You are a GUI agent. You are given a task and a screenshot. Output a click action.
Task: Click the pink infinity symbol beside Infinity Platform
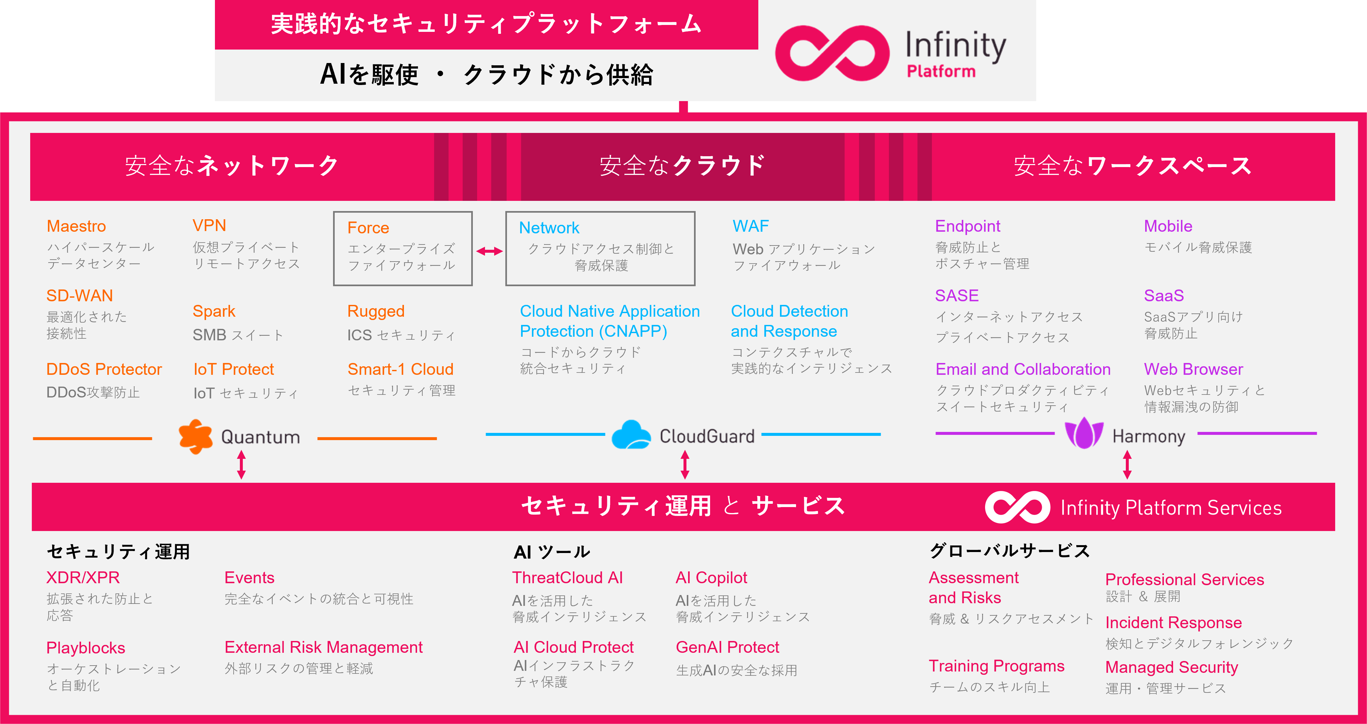[x=832, y=53]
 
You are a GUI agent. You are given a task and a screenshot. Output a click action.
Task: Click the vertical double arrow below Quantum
[x=242, y=465]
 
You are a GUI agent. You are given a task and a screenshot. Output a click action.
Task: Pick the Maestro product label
[x=76, y=226]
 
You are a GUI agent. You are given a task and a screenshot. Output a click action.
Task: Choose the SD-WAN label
[x=80, y=296]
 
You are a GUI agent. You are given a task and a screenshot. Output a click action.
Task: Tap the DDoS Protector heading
[x=104, y=370]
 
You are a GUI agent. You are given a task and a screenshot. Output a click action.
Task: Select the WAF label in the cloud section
[x=751, y=226]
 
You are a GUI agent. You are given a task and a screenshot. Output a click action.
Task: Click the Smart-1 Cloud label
[x=401, y=370]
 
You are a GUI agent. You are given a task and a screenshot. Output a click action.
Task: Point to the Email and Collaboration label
[x=1023, y=370]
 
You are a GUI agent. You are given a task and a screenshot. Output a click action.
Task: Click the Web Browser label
[x=1193, y=370]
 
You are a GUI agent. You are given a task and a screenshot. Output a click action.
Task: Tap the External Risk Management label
[x=324, y=647]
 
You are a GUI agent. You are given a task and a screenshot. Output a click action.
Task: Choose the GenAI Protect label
[x=727, y=647]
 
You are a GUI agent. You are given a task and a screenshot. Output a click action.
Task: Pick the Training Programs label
[x=997, y=666]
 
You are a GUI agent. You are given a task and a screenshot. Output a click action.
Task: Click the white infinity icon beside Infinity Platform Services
[x=1017, y=507]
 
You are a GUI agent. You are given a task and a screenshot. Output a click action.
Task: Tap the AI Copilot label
[x=711, y=578]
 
